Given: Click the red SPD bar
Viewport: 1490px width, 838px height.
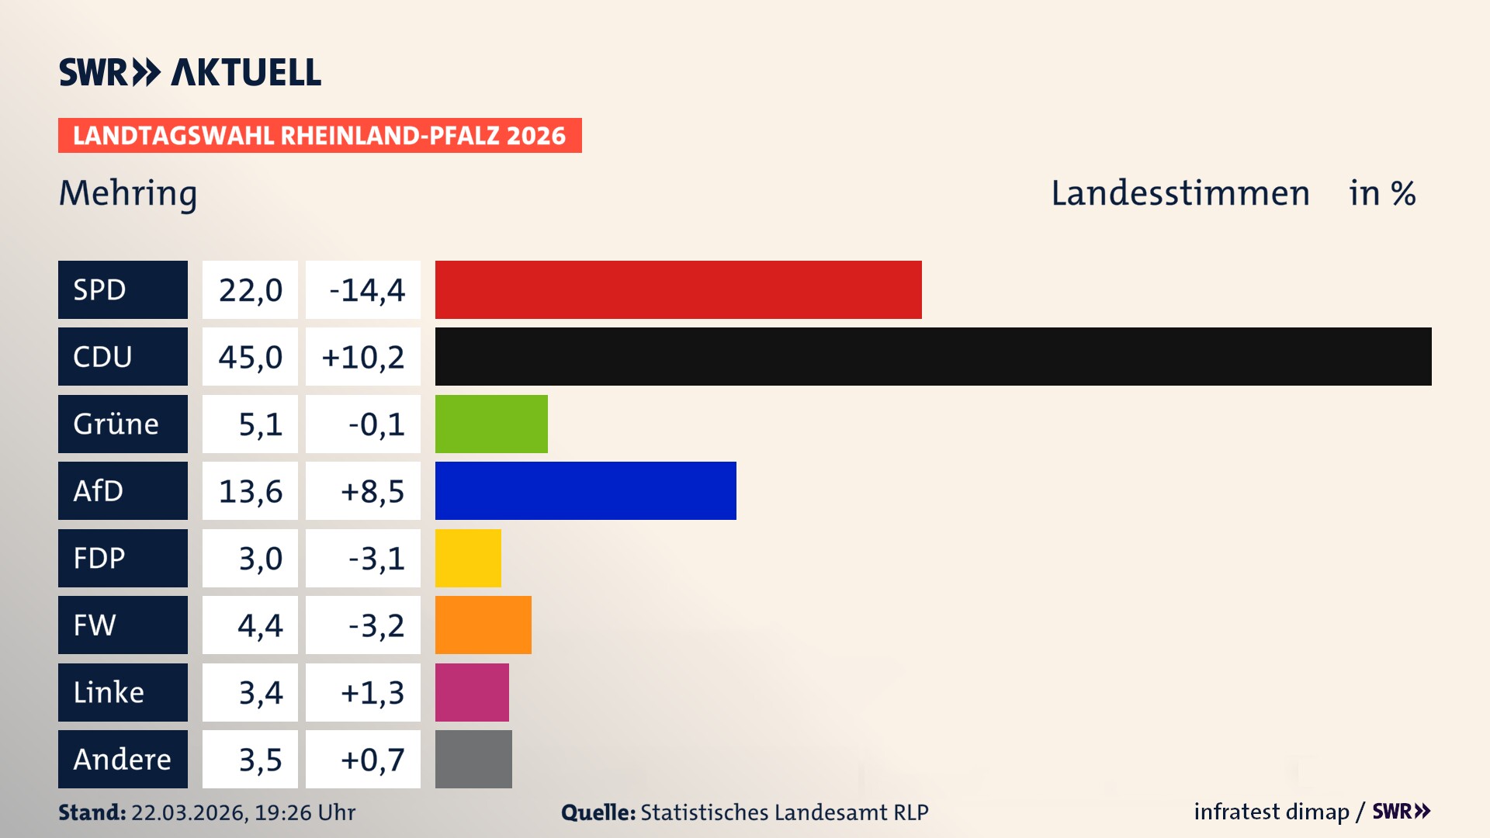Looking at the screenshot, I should [678, 289].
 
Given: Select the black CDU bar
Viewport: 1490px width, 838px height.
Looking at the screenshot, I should [933, 356].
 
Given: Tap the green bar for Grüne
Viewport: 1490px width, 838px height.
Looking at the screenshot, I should [491, 424].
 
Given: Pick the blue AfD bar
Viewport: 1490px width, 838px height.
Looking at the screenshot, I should [585, 490].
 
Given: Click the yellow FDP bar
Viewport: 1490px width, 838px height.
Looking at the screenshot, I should [468, 558].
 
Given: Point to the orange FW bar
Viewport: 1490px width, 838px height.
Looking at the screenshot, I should [483, 625].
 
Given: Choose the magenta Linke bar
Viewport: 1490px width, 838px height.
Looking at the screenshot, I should [472, 692].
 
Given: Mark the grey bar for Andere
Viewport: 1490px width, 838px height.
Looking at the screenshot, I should [473, 759].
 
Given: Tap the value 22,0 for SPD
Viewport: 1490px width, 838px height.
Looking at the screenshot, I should [250, 289].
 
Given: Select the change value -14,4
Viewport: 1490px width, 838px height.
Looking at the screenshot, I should [366, 289].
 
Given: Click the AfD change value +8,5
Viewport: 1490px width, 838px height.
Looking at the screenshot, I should [372, 490].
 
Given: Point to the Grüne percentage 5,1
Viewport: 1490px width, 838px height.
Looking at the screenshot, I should [260, 424].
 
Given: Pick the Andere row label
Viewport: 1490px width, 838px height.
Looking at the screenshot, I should [123, 759].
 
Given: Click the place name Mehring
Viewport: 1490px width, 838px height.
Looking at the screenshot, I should [128, 193].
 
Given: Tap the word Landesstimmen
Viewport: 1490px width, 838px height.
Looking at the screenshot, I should [1180, 193].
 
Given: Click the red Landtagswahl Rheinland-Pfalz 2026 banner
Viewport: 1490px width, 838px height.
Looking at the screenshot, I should [320, 135].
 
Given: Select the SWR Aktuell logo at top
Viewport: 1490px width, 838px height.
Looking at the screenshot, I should [190, 72].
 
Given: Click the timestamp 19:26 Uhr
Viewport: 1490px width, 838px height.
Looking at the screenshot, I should [305, 812].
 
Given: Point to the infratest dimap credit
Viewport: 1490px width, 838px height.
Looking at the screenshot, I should [1270, 812].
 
